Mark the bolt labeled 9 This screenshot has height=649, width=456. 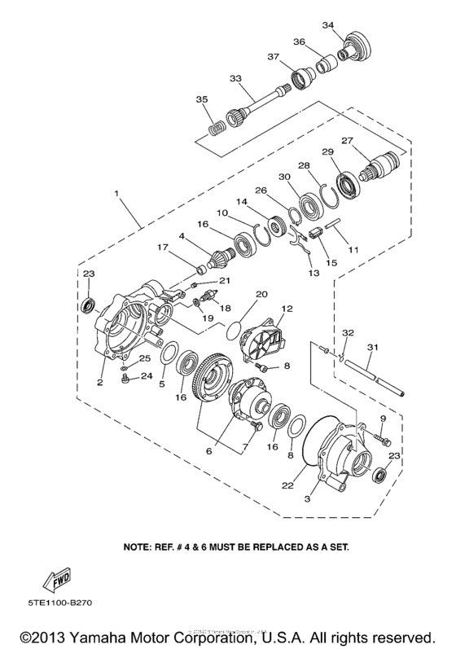(x=381, y=441)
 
